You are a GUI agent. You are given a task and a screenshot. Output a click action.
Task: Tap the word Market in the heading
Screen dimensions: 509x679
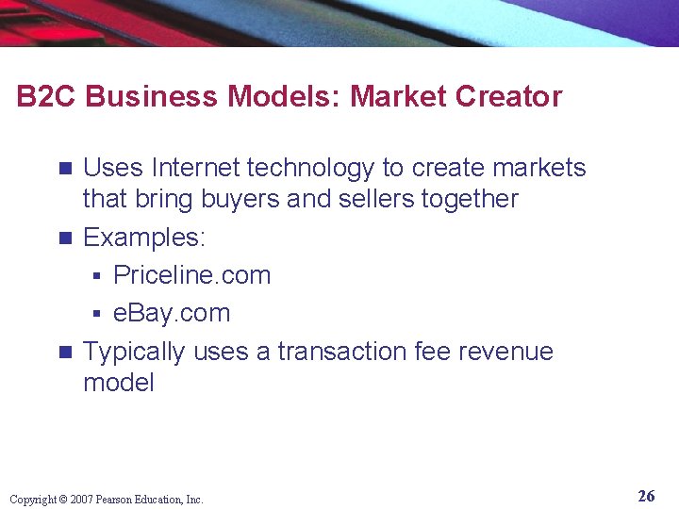point(394,96)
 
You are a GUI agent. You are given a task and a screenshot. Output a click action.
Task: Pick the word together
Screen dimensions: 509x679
point(475,199)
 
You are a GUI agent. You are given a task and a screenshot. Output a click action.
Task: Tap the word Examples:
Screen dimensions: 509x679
point(143,238)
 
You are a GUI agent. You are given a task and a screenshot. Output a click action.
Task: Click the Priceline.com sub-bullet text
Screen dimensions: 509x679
point(191,275)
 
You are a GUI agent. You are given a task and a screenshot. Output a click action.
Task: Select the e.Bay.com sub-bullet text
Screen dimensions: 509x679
point(172,313)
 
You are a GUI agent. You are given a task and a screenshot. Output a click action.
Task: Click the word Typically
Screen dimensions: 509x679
point(134,352)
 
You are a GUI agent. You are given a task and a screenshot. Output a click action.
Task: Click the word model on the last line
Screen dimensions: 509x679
point(118,383)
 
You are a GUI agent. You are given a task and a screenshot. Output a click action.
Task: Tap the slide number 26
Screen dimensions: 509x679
point(646,496)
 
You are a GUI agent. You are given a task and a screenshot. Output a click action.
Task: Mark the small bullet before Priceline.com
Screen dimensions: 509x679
point(96,276)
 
